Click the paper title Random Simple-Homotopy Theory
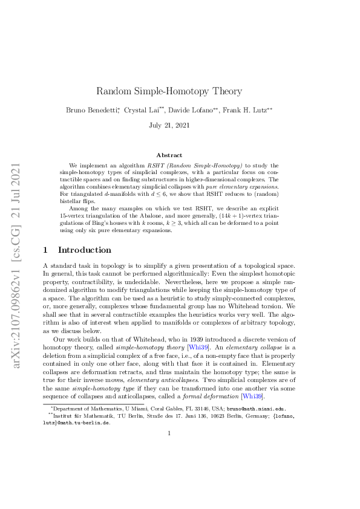pos(169,91)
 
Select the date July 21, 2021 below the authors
pos(169,125)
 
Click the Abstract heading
pos(169,155)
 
